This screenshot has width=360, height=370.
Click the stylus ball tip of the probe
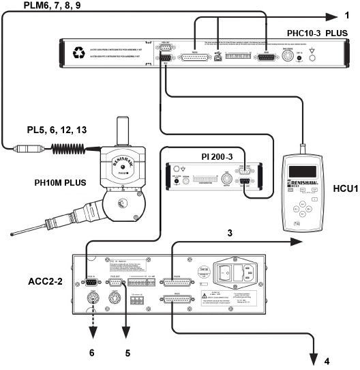point(14,236)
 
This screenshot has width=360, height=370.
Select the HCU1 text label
point(339,205)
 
